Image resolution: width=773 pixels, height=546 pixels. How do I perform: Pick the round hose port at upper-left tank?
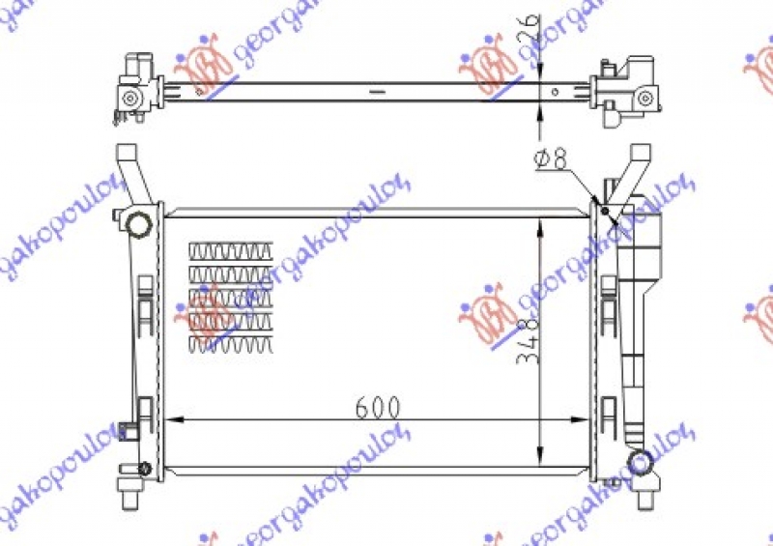[x=138, y=226]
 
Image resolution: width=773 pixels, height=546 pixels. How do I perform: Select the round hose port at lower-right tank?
[x=639, y=463]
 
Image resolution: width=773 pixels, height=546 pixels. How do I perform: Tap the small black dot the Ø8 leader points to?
[x=606, y=210]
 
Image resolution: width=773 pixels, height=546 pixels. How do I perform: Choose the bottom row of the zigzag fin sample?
[x=231, y=342]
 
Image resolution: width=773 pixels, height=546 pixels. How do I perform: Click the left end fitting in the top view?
[x=132, y=93]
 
